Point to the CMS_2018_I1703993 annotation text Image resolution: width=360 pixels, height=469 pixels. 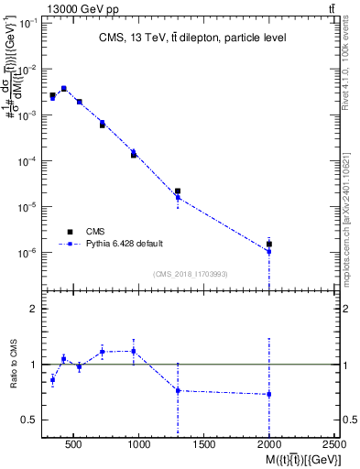[x=191, y=273]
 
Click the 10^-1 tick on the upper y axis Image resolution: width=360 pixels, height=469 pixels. [x=27, y=23]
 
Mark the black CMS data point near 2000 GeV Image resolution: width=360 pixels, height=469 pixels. [x=269, y=244]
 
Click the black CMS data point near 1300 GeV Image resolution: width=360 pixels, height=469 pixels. [x=178, y=191]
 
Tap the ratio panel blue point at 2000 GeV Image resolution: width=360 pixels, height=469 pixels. [x=269, y=394]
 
